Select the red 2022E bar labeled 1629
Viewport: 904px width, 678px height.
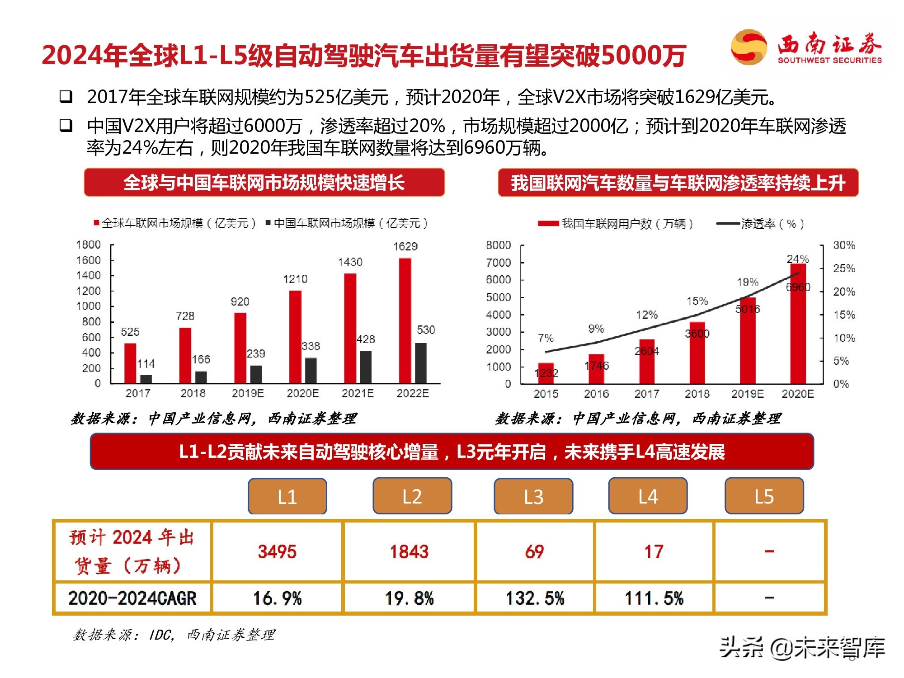(405, 321)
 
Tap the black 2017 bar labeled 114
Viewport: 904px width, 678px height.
(146, 379)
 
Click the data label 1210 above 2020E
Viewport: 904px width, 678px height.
(295, 279)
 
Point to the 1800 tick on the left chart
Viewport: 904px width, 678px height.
(89, 245)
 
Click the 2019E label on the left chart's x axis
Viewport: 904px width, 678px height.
(248, 393)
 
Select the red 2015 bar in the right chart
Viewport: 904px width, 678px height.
(546, 373)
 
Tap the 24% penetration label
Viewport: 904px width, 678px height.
(797, 259)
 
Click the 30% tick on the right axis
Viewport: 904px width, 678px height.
(844, 245)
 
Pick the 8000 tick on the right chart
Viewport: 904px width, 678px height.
(498, 245)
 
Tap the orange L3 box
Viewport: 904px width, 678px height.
(533, 496)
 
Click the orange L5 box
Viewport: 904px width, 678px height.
(764, 496)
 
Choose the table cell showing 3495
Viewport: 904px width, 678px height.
(277, 551)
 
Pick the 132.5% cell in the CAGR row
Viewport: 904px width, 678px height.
(535, 598)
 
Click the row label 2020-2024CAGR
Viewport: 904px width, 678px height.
(132, 598)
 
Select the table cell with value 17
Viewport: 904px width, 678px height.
(654, 551)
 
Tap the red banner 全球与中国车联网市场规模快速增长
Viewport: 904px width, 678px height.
(264, 183)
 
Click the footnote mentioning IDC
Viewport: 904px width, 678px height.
(174, 635)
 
